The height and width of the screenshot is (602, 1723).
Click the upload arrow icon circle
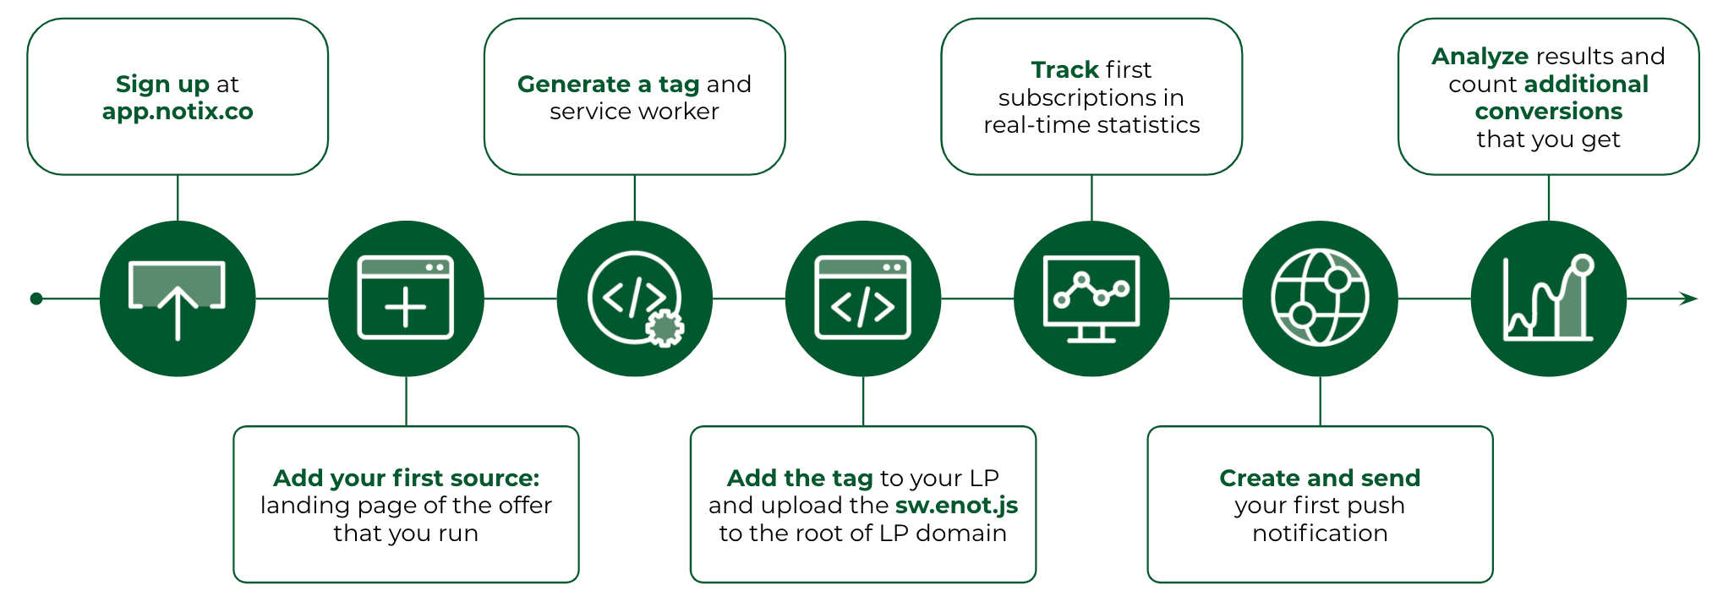point(178,298)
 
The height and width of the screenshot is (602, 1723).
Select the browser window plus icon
point(406,298)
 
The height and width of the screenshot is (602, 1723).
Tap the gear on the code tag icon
point(665,328)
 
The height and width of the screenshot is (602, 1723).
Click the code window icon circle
point(863,298)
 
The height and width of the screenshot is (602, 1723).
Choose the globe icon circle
point(1321,298)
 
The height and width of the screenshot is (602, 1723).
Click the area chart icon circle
point(1549,298)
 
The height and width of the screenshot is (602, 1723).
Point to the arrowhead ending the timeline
point(1688,298)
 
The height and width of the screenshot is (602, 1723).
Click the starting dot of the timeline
point(36,298)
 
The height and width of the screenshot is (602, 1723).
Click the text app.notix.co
point(178,112)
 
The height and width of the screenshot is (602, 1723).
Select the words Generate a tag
point(609,84)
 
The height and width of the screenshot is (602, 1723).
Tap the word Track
point(1067,69)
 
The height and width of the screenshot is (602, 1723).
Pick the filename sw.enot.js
point(956,506)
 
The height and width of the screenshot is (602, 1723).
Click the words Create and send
point(1320,478)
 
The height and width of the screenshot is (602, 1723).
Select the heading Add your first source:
point(406,478)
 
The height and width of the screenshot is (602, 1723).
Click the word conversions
point(1549,112)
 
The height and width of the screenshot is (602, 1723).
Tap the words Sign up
point(162,84)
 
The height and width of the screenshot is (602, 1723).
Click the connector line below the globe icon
point(1321,401)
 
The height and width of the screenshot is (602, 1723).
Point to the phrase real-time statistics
point(1091,125)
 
